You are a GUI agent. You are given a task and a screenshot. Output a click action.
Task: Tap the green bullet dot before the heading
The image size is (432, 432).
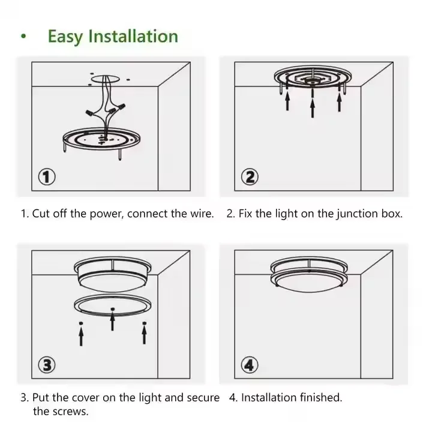(23, 37)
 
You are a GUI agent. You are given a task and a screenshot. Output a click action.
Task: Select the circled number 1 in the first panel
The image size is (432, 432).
(47, 177)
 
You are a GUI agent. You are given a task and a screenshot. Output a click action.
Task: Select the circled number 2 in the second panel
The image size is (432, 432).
(250, 177)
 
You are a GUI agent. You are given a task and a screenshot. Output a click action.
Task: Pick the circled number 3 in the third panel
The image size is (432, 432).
(47, 364)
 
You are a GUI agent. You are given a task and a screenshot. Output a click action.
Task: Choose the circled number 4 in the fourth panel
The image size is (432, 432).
(250, 364)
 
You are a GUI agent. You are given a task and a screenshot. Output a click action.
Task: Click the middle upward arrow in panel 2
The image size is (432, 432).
(312, 106)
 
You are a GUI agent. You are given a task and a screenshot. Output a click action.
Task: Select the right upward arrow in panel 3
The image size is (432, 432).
(143, 334)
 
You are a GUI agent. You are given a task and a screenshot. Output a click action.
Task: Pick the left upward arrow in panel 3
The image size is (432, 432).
(81, 334)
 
